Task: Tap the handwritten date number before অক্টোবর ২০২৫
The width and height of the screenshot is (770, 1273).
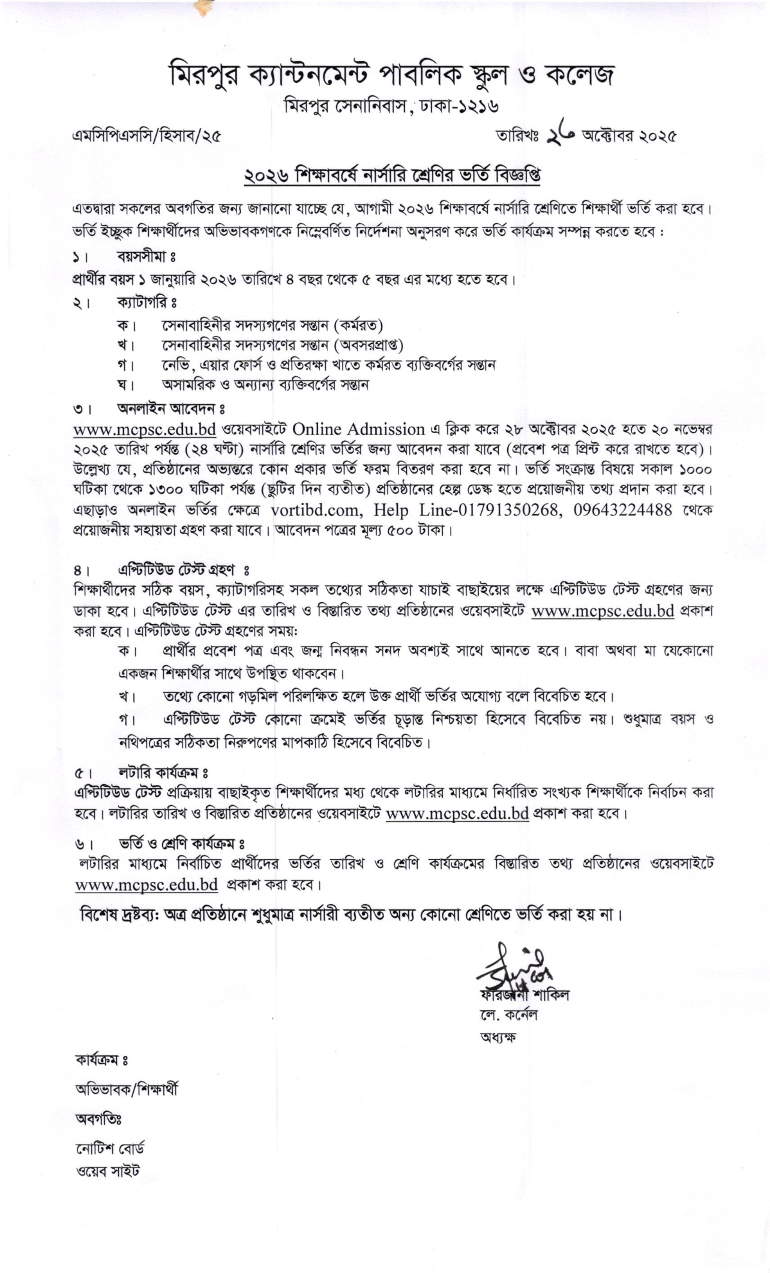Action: click(x=561, y=136)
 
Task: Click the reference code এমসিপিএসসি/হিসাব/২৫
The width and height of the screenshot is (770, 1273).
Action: click(x=146, y=136)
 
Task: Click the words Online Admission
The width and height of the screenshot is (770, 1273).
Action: click(x=359, y=430)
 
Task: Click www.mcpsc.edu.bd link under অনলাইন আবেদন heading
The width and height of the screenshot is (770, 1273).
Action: click(x=144, y=430)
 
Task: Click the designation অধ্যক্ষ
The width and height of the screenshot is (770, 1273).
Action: click(x=498, y=1037)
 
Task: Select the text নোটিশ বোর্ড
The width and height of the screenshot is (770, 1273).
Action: click(x=110, y=1149)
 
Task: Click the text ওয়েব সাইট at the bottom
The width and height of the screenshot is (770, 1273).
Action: click(x=108, y=1170)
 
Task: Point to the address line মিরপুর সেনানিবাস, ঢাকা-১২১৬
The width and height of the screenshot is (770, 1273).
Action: click(x=391, y=106)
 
